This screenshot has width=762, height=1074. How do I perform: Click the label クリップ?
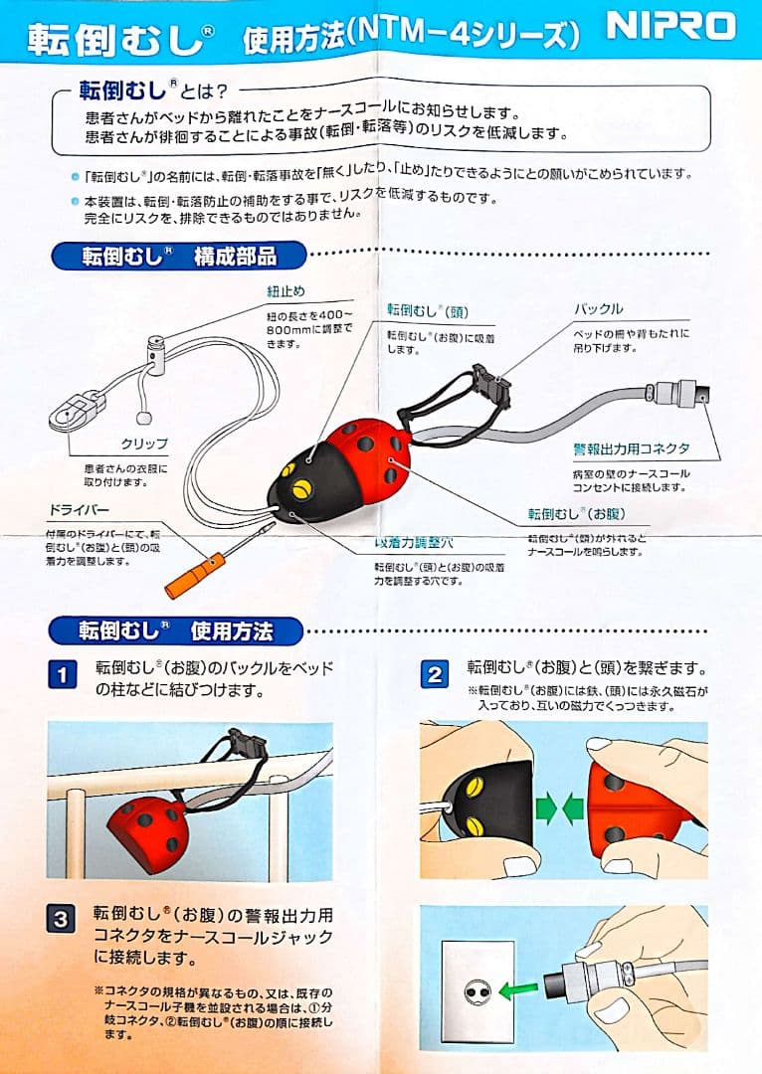point(144,444)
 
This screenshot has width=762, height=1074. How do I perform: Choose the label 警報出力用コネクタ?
point(631,449)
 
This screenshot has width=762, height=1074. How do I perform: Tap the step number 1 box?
point(62,676)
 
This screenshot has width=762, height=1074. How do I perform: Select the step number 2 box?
point(435,676)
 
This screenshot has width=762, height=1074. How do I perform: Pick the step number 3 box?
point(62,919)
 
